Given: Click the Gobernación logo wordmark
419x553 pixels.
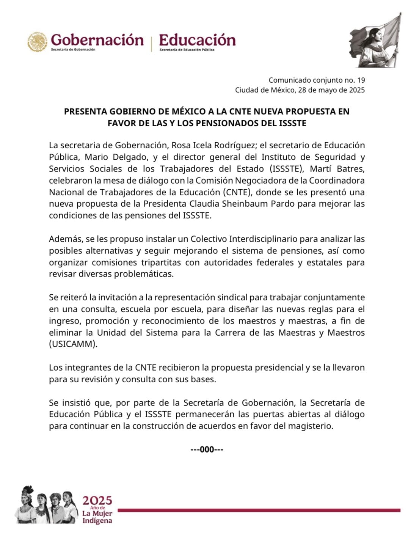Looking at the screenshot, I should pyautogui.click(x=97, y=39).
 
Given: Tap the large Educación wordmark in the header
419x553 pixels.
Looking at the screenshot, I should pyautogui.click(x=197, y=39).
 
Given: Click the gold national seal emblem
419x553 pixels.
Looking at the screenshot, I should pyautogui.click(x=37, y=42).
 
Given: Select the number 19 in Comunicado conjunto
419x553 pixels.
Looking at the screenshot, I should pyautogui.click(x=361, y=80).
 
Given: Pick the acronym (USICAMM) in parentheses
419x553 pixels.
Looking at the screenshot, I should pyautogui.click(x=73, y=344).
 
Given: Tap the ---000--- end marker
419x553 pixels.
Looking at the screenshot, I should pyautogui.click(x=207, y=449).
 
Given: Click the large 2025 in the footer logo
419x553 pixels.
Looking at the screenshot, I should pyautogui.click(x=97, y=500).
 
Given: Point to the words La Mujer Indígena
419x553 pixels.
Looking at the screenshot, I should pyautogui.click(x=97, y=517).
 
